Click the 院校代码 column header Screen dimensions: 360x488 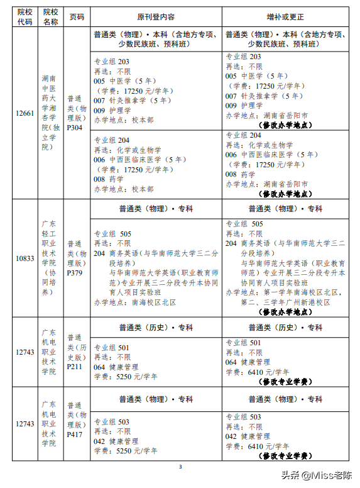(x=25, y=17)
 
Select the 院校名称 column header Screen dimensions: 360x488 (x=51, y=17)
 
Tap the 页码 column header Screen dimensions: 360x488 (x=77, y=17)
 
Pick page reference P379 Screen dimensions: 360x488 (x=75, y=273)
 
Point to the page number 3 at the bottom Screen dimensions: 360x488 (x=180, y=467)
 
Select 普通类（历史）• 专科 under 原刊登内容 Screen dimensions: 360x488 (x=156, y=328)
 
